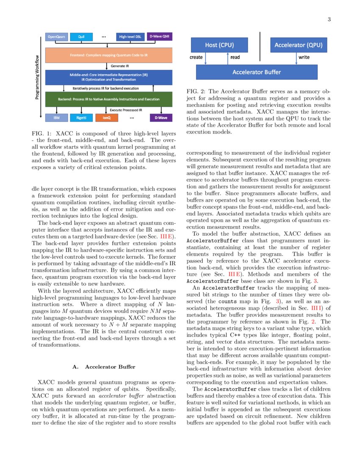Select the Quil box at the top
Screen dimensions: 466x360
point(81,37)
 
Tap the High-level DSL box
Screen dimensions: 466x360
point(130,37)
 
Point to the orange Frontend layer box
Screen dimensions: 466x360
point(108,55)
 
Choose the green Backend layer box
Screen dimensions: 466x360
point(108,99)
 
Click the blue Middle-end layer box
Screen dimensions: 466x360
point(108,77)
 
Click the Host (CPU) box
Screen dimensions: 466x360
point(219,45)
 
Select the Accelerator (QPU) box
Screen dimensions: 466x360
point(299,45)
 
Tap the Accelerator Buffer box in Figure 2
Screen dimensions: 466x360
point(257,72)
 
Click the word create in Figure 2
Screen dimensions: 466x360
point(196,57)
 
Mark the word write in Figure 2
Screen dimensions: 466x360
point(304,57)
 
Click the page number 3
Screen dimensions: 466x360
point(329,19)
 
